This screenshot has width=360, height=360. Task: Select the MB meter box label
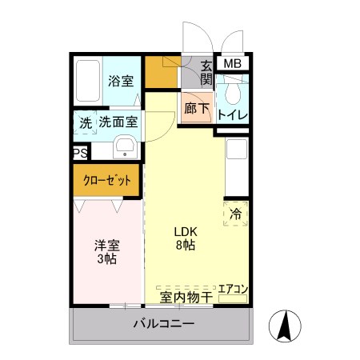click(232, 64)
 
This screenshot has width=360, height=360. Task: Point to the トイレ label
click(232, 115)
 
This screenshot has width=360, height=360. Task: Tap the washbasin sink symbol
click(125, 147)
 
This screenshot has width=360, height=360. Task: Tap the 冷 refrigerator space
click(236, 214)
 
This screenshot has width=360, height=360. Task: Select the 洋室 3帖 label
click(106, 253)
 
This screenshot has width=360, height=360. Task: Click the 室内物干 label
click(186, 298)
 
